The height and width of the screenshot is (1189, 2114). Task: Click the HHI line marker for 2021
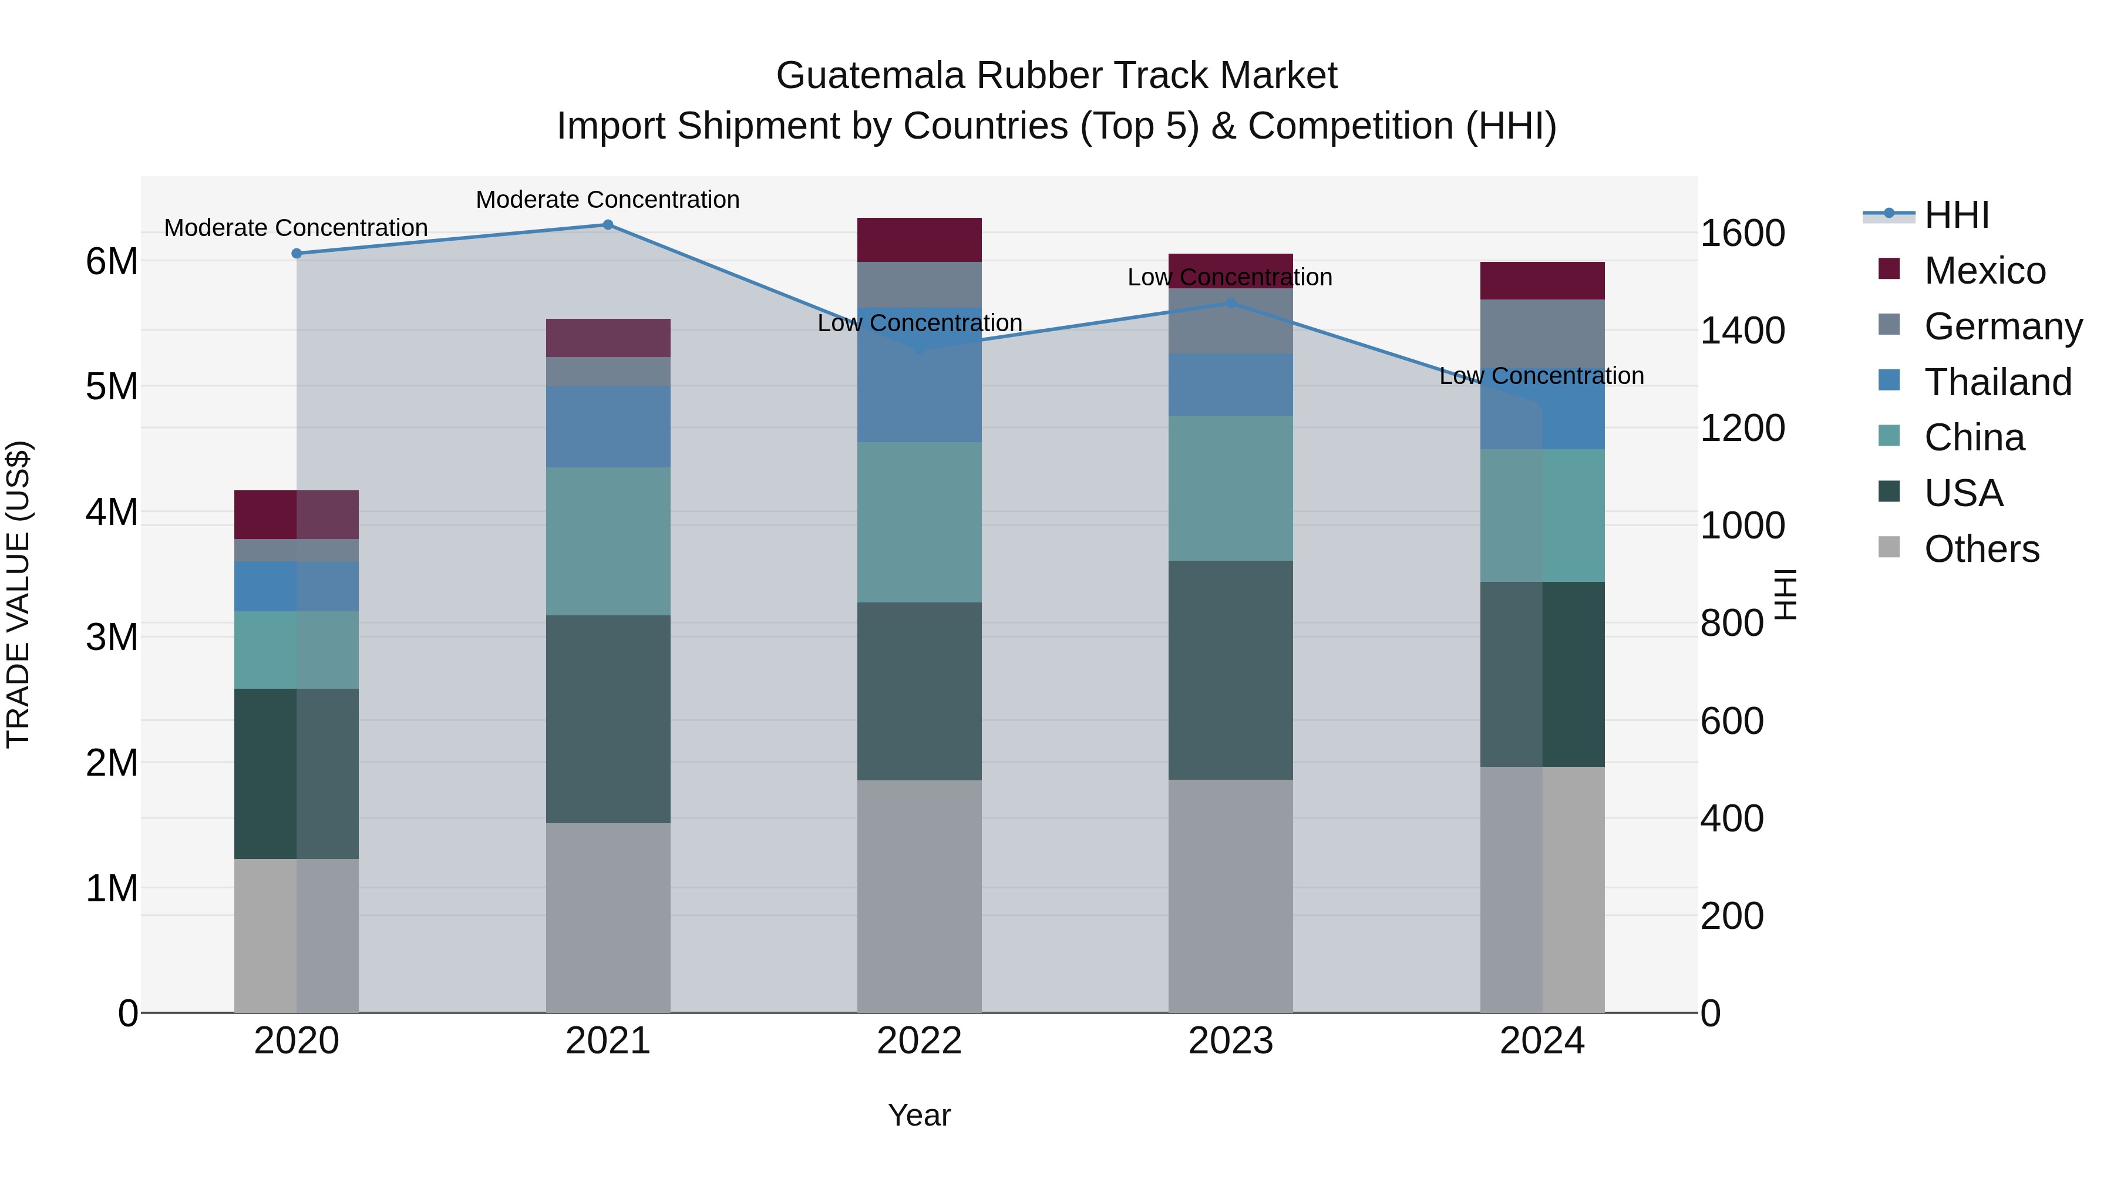[x=608, y=225]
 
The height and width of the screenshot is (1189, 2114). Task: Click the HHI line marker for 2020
[x=297, y=254]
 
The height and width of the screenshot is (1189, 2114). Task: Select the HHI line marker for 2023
[x=1230, y=304]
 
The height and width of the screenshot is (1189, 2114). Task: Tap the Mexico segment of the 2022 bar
[x=919, y=240]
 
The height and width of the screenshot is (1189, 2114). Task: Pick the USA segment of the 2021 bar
[x=608, y=719]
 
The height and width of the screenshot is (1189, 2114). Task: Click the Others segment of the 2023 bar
[x=1230, y=896]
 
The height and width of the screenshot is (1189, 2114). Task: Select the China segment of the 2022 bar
[x=919, y=523]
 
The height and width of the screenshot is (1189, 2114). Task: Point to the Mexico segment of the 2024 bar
[x=1542, y=281]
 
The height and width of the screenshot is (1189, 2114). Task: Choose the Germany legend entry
[x=2002, y=326]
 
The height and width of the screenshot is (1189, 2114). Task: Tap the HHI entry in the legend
[x=1957, y=215]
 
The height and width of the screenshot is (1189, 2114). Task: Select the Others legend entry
[x=1981, y=549]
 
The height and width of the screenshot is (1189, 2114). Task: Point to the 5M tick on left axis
[x=112, y=386]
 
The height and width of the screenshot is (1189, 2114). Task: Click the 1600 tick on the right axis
[x=1742, y=233]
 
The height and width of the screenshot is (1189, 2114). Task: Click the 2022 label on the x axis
[x=919, y=1041]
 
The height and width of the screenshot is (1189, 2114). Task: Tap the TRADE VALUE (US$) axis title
[x=18, y=594]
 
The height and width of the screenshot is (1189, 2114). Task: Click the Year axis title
[x=919, y=1115]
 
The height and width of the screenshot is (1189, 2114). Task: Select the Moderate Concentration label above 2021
[x=608, y=200]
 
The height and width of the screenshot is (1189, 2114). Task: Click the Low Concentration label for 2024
[x=1541, y=376]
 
